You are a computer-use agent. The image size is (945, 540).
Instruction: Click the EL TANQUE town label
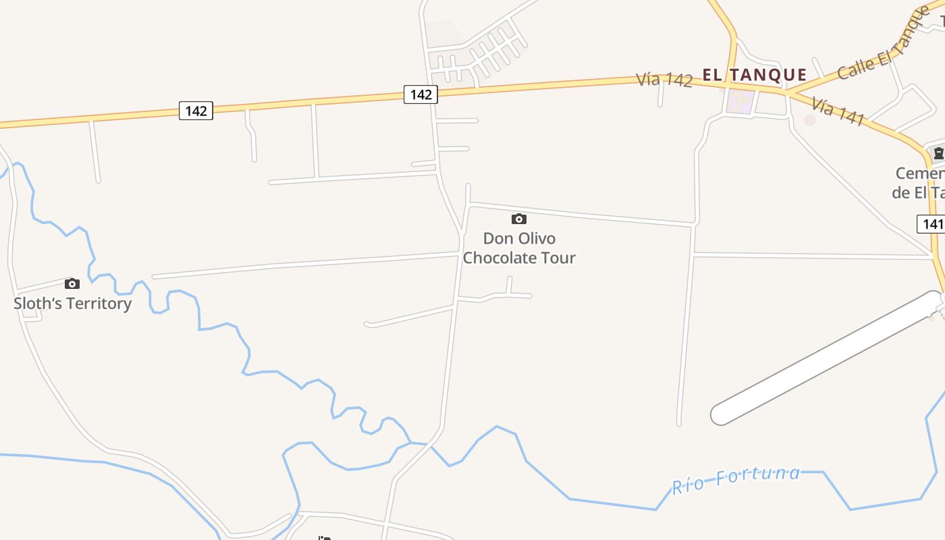click(755, 75)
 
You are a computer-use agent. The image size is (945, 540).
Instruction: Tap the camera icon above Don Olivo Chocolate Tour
click(518, 219)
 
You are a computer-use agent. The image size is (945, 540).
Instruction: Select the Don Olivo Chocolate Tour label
click(519, 248)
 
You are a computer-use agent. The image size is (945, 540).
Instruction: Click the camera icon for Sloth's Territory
click(72, 283)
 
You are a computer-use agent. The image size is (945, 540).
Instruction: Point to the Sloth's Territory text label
click(73, 304)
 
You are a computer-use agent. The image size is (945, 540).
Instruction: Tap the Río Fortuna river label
click(736, 479)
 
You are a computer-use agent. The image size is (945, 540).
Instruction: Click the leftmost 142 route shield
click(196, 110)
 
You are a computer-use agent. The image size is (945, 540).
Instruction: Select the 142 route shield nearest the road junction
click(421, 94)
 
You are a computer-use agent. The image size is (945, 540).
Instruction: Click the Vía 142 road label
click(664, 80)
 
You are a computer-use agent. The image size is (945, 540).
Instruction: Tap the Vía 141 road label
click(838, 111)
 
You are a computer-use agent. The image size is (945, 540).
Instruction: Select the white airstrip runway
click(827, 358)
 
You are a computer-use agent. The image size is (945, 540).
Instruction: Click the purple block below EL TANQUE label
click(740, 102)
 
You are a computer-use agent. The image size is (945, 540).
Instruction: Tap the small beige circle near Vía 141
click(809, 120)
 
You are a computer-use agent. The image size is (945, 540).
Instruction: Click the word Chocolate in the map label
click(495, 258)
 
